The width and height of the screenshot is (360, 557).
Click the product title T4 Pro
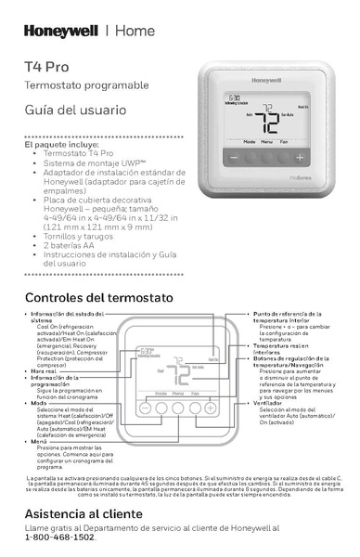coord(46,67)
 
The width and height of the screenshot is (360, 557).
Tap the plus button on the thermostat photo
coord(300,159)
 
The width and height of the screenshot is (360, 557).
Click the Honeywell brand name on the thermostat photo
coord(299,82)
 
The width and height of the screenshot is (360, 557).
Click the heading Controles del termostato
coord(98,298)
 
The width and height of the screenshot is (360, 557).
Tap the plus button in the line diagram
coord(210,408)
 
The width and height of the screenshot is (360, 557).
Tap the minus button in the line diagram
coord(146,408)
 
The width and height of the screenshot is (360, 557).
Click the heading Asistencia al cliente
coord(84,513)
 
